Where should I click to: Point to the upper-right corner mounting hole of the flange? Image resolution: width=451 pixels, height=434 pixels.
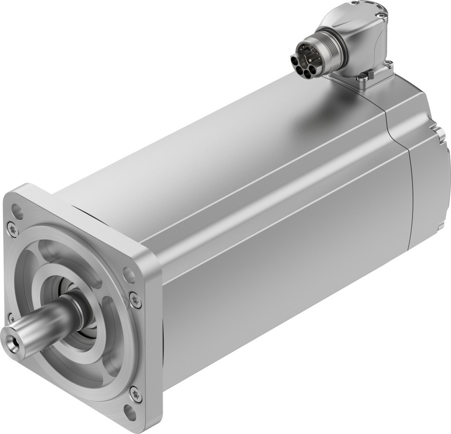click(129, 275)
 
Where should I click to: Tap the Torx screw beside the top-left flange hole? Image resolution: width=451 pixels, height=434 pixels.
click(11, 228)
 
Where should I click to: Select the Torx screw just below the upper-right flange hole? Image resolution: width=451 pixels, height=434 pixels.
click(136, 299)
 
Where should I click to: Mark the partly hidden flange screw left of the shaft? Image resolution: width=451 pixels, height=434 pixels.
click(11, 318)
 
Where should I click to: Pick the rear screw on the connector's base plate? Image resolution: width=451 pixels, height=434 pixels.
click(389, 65)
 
